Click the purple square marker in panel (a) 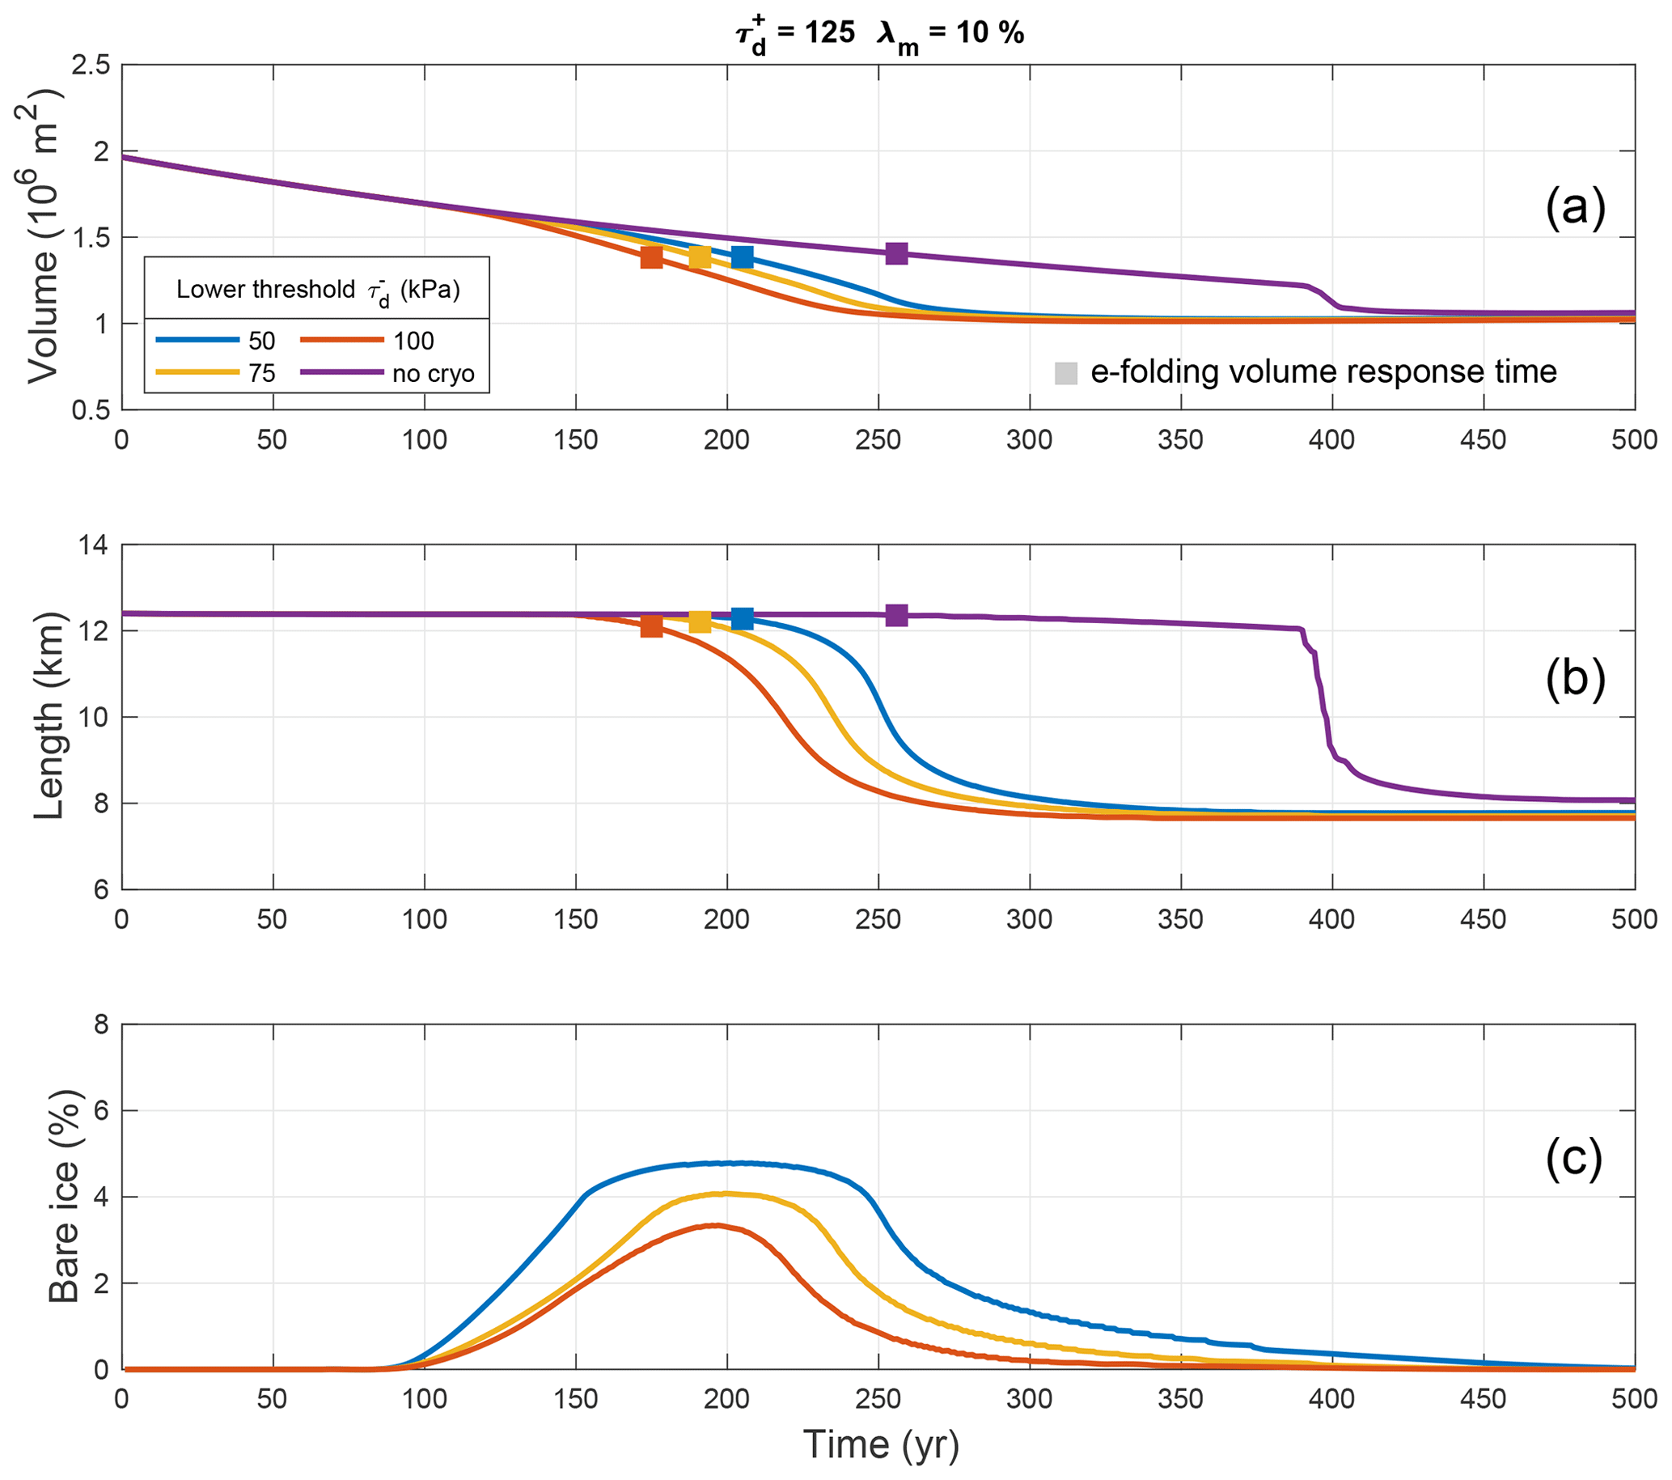[896, 253]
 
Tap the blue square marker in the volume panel [742, 257]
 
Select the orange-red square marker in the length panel [651, 626]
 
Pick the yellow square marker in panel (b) [701, 622]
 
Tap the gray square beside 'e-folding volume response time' [1066, 373]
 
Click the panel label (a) [1575, 208]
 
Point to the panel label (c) [1575, 1157]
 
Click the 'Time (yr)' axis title [880, 1444]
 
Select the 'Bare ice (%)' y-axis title [64, 1196]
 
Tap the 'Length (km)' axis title [49, 716]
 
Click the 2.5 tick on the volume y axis [91, 66]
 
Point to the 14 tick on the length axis [94, 545]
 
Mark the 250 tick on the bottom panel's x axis [878, 1398]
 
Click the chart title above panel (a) [878, 34]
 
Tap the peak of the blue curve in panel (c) [736, 1163]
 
